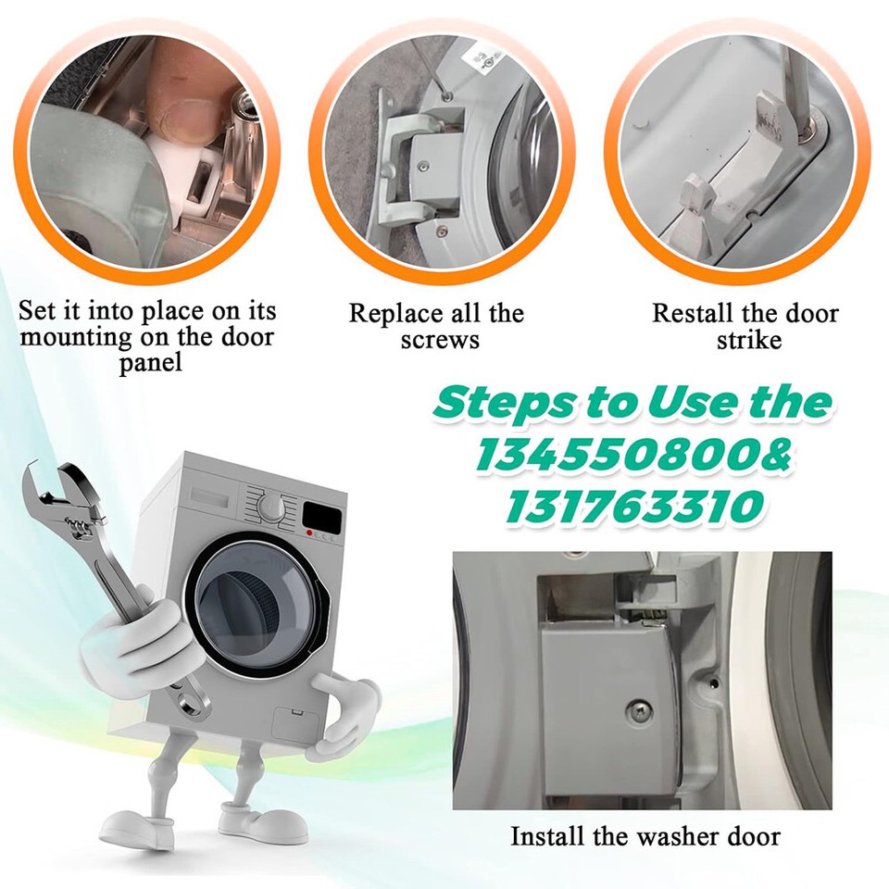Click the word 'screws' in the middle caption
[x=440, y=340]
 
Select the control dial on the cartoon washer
[x=270, y=506]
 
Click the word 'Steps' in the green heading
[x=505, y=403]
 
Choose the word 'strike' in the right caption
[x=748, y=340]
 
